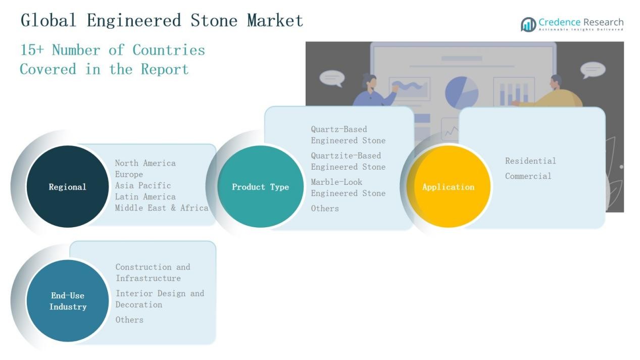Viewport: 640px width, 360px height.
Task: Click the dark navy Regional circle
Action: tap(67, 186)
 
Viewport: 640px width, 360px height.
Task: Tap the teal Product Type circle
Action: tap(260, 186)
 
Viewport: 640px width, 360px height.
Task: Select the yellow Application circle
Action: tap(448, 186)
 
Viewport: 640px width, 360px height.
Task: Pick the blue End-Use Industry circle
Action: tap(68, 301)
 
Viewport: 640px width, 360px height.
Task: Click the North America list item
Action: tap(145, 163)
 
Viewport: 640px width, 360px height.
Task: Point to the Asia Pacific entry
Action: tap(143, 185)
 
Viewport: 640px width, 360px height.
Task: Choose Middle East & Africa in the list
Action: tap(162, 208)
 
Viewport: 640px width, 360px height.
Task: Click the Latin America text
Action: tap(145, 196)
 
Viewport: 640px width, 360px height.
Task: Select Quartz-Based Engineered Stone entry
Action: tap(348, 135)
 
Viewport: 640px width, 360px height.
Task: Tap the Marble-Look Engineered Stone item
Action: tap(348, 187)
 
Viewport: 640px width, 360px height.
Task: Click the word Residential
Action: tap(530, 161)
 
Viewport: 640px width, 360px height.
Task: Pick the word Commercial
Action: tap(528, 176)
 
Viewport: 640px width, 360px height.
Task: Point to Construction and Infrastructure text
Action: tap(153, 272)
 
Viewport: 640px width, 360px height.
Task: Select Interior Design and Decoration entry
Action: tap(160, 299)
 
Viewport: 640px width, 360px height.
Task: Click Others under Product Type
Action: tap(325, 208)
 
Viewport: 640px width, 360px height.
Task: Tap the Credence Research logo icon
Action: tap(528, 24)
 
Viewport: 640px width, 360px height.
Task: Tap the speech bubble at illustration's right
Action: tap(593, 70)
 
